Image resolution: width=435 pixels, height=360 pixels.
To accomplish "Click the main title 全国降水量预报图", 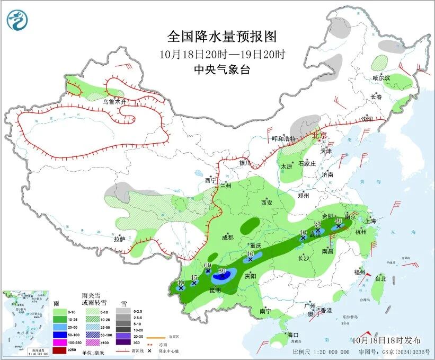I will [x=222, y=37].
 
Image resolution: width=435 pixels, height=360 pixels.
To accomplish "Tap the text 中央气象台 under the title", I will [x=222, y=69].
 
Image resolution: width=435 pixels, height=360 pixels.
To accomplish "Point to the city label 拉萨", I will [x=119, y=239].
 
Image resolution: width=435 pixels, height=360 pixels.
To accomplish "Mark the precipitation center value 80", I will [x=223, y=270].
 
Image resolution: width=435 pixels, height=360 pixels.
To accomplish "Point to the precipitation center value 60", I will [x=208, y=265].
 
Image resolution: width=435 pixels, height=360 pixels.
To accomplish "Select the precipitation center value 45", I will [x=194, y=278].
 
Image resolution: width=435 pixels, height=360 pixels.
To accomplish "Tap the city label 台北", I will [x=380, y=278].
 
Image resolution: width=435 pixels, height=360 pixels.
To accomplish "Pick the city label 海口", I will [x=293, y=335].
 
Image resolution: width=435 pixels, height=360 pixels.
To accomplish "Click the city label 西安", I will [x=266, y=203].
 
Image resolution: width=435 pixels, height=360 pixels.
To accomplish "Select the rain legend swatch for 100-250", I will [x=60, y=344].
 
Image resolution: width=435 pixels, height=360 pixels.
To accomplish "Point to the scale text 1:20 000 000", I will [x=329, y=352].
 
